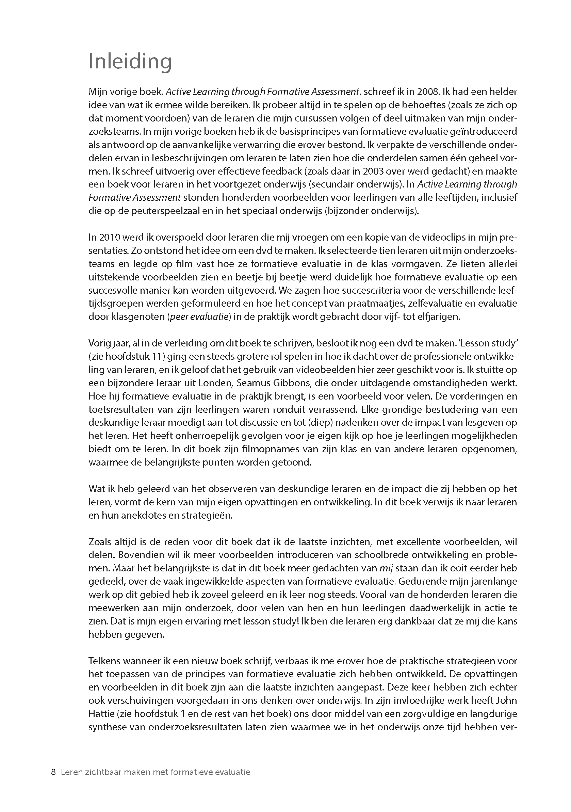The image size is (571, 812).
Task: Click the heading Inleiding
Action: point(130,62)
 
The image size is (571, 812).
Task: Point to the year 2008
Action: point(427,92)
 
